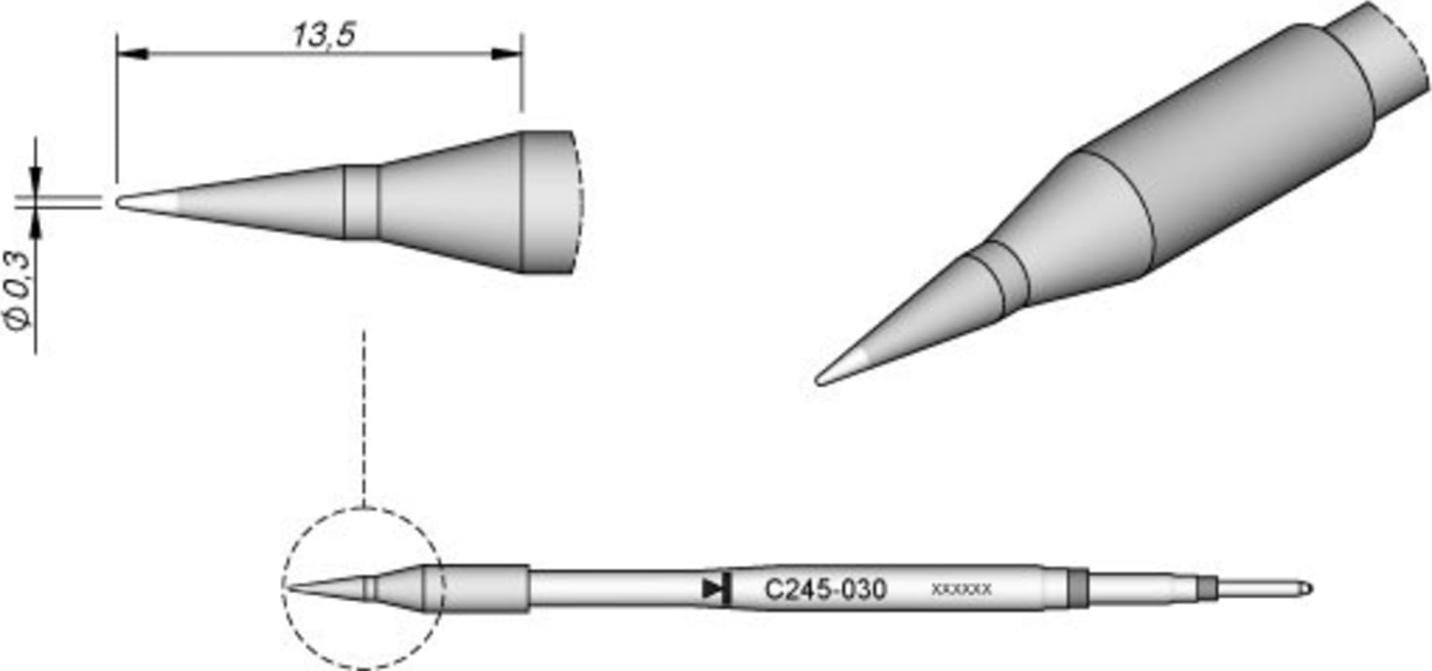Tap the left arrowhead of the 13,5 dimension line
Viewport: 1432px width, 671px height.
131,53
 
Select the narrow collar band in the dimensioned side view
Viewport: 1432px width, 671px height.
361,201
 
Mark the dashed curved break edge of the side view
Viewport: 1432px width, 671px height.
579,201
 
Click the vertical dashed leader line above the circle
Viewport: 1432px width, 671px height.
363,418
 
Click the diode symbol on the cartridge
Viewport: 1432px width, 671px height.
715,588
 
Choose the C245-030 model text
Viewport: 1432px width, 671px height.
826,589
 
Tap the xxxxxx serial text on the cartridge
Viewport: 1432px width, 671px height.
961,589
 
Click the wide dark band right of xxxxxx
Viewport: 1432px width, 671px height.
1076,588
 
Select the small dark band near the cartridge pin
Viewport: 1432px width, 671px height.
1207,588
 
